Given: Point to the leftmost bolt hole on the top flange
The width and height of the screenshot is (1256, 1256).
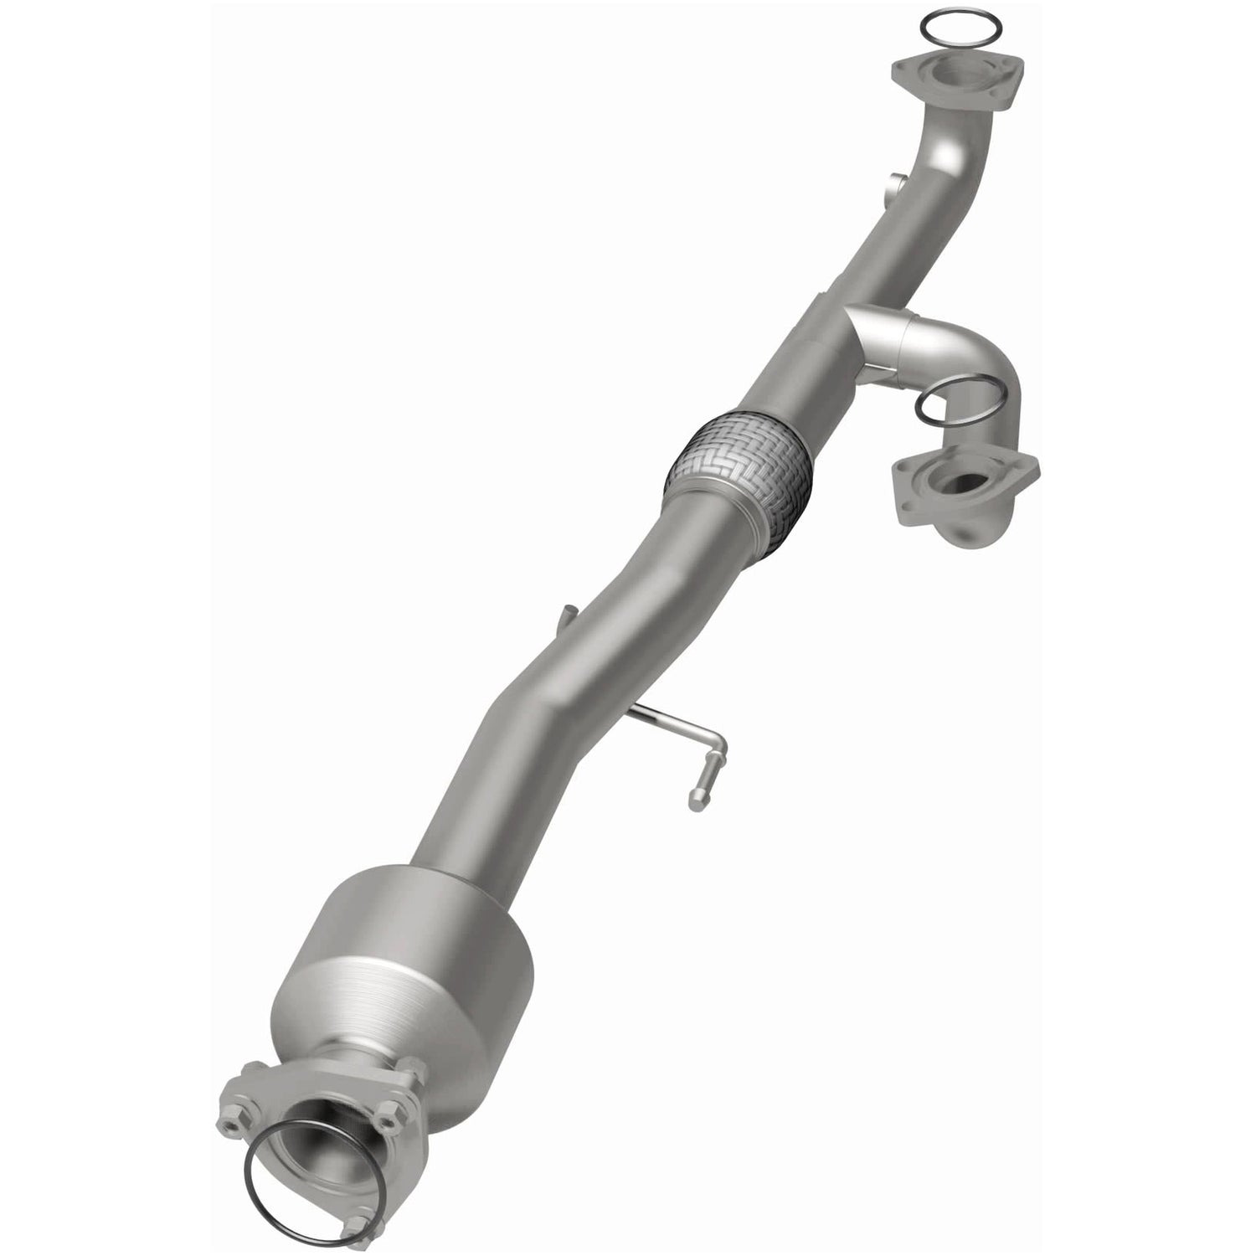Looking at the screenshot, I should [903, 70].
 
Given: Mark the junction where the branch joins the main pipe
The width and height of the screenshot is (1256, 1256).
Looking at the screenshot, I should [846, 331].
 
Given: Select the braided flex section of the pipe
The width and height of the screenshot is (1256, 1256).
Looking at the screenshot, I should [737, 465].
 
